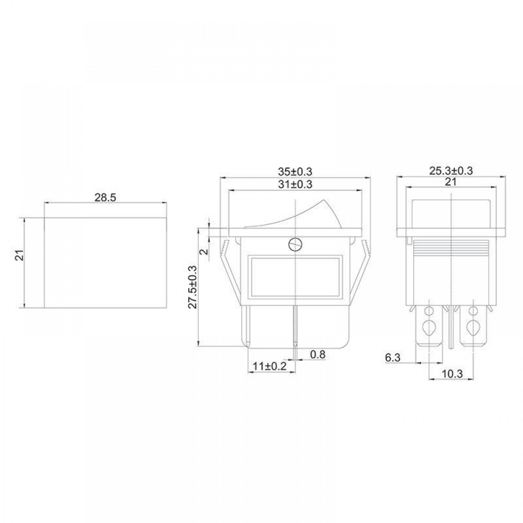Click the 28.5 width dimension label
(x=105, y=198)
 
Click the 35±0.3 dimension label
(x=295, y=172)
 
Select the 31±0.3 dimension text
(x=295, y=185)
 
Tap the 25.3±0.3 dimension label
(x=451, y=171)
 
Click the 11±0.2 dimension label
(x=270, y=366)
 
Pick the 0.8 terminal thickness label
(x=317, y=354)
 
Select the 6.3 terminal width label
(x=393, y=358)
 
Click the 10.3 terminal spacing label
(x=452, y=374)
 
